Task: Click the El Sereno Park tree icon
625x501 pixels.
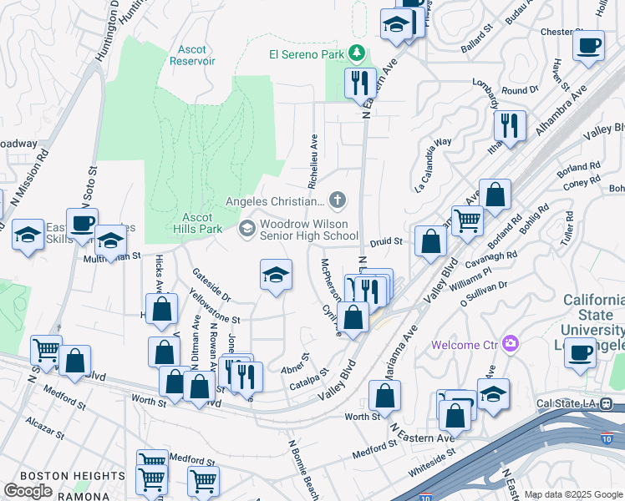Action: [358, 53]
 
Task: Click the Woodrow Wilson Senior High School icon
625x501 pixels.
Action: [247, 228]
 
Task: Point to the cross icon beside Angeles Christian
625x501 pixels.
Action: [337, 199]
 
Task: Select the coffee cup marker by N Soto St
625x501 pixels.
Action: [83, 222]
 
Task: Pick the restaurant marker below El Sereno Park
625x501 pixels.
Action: [361, 82]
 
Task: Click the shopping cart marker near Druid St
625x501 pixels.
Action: [467, 220]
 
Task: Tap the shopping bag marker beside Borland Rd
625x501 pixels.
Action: [495, 194]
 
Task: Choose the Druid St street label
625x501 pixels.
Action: [386, 241]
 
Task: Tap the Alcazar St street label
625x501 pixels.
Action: [45, 428]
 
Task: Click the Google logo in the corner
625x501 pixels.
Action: [28, 491]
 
